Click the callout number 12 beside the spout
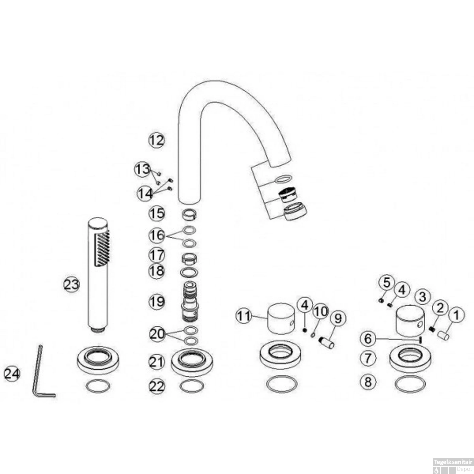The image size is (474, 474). [157, 140]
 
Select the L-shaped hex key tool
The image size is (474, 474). [43, 372]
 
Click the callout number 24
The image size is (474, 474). [12, 374]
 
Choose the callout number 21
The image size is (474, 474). [157, 362]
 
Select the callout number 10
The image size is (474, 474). [320, 312]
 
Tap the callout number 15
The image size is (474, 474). [157, 213]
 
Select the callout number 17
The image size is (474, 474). [157, 255]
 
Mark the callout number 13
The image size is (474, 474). [143, 170]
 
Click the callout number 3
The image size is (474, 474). [423, 297]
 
